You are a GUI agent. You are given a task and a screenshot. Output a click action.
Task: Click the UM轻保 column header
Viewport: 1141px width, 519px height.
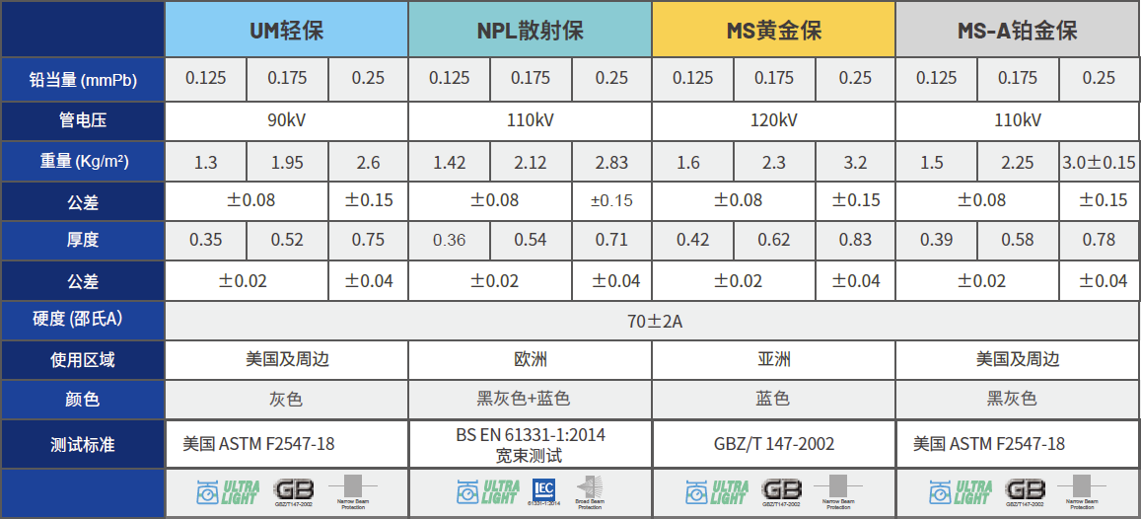click(286, 31)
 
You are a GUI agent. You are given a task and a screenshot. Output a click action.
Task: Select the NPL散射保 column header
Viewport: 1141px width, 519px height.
click(530, 31)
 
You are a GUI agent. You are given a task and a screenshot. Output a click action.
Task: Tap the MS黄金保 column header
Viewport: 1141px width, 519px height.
click(773, 31)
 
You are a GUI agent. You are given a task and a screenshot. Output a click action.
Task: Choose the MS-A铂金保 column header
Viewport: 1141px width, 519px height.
click(1018, 31)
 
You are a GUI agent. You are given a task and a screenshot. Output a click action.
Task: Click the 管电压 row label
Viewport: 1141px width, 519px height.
click(83, 121)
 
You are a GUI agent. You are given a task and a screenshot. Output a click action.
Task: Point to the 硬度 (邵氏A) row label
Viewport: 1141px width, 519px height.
click(83, 320)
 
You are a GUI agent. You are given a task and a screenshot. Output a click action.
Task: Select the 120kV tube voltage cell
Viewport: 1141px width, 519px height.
click(773, 121)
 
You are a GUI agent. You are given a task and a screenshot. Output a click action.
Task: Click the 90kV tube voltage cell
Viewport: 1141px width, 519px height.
click(286, 121)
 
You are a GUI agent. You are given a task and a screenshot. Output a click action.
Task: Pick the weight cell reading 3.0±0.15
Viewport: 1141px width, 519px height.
click(1099, 163)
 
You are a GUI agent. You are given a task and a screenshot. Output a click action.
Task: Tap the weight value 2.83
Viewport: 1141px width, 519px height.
click(611, 163)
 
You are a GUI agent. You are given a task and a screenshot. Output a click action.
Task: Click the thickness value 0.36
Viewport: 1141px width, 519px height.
click(449, 240)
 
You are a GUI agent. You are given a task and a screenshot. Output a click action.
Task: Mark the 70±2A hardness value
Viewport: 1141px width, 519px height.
click(652, 321)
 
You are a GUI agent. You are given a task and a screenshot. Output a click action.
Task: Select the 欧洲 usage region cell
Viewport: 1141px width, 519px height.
click(530, 360)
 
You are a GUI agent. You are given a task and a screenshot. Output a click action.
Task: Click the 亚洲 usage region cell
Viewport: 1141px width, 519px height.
click(773, 360)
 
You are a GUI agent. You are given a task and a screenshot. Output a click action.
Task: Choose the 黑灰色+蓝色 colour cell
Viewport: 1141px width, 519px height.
click(530, 400)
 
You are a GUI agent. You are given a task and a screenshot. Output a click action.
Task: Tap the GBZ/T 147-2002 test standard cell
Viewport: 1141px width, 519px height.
click(773, 444)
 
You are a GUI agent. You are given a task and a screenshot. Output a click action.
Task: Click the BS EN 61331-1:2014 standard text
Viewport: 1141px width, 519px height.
click(530, 434)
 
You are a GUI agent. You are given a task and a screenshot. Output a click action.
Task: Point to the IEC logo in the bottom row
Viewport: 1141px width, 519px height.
click(543, 489)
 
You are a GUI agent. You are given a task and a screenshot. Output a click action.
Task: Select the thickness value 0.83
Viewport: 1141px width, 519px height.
click(855, 240)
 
